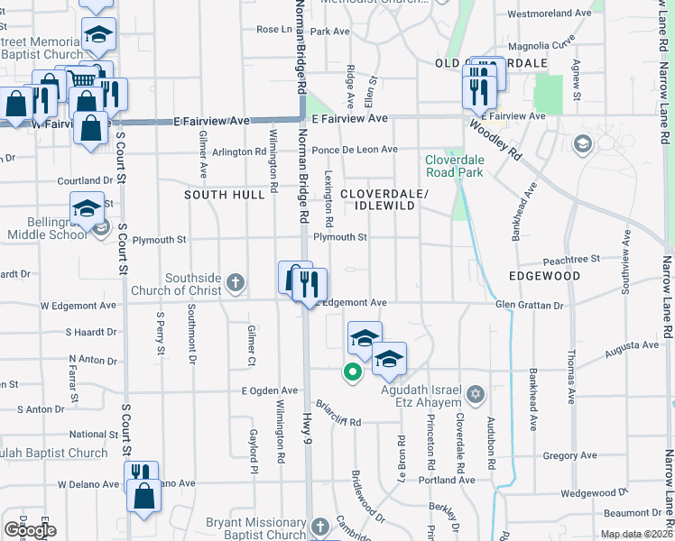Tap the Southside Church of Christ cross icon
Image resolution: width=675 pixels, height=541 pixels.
(236, 284)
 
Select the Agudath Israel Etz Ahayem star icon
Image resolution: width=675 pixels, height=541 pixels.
(476, 394)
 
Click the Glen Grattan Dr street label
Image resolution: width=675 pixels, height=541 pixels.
(529, 306)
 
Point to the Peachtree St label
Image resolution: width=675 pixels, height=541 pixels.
(571, 258)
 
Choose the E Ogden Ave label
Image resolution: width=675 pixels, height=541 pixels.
(270, 390)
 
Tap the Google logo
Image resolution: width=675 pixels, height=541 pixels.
(29, 530)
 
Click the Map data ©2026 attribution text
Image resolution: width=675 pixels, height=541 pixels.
(636, 534)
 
